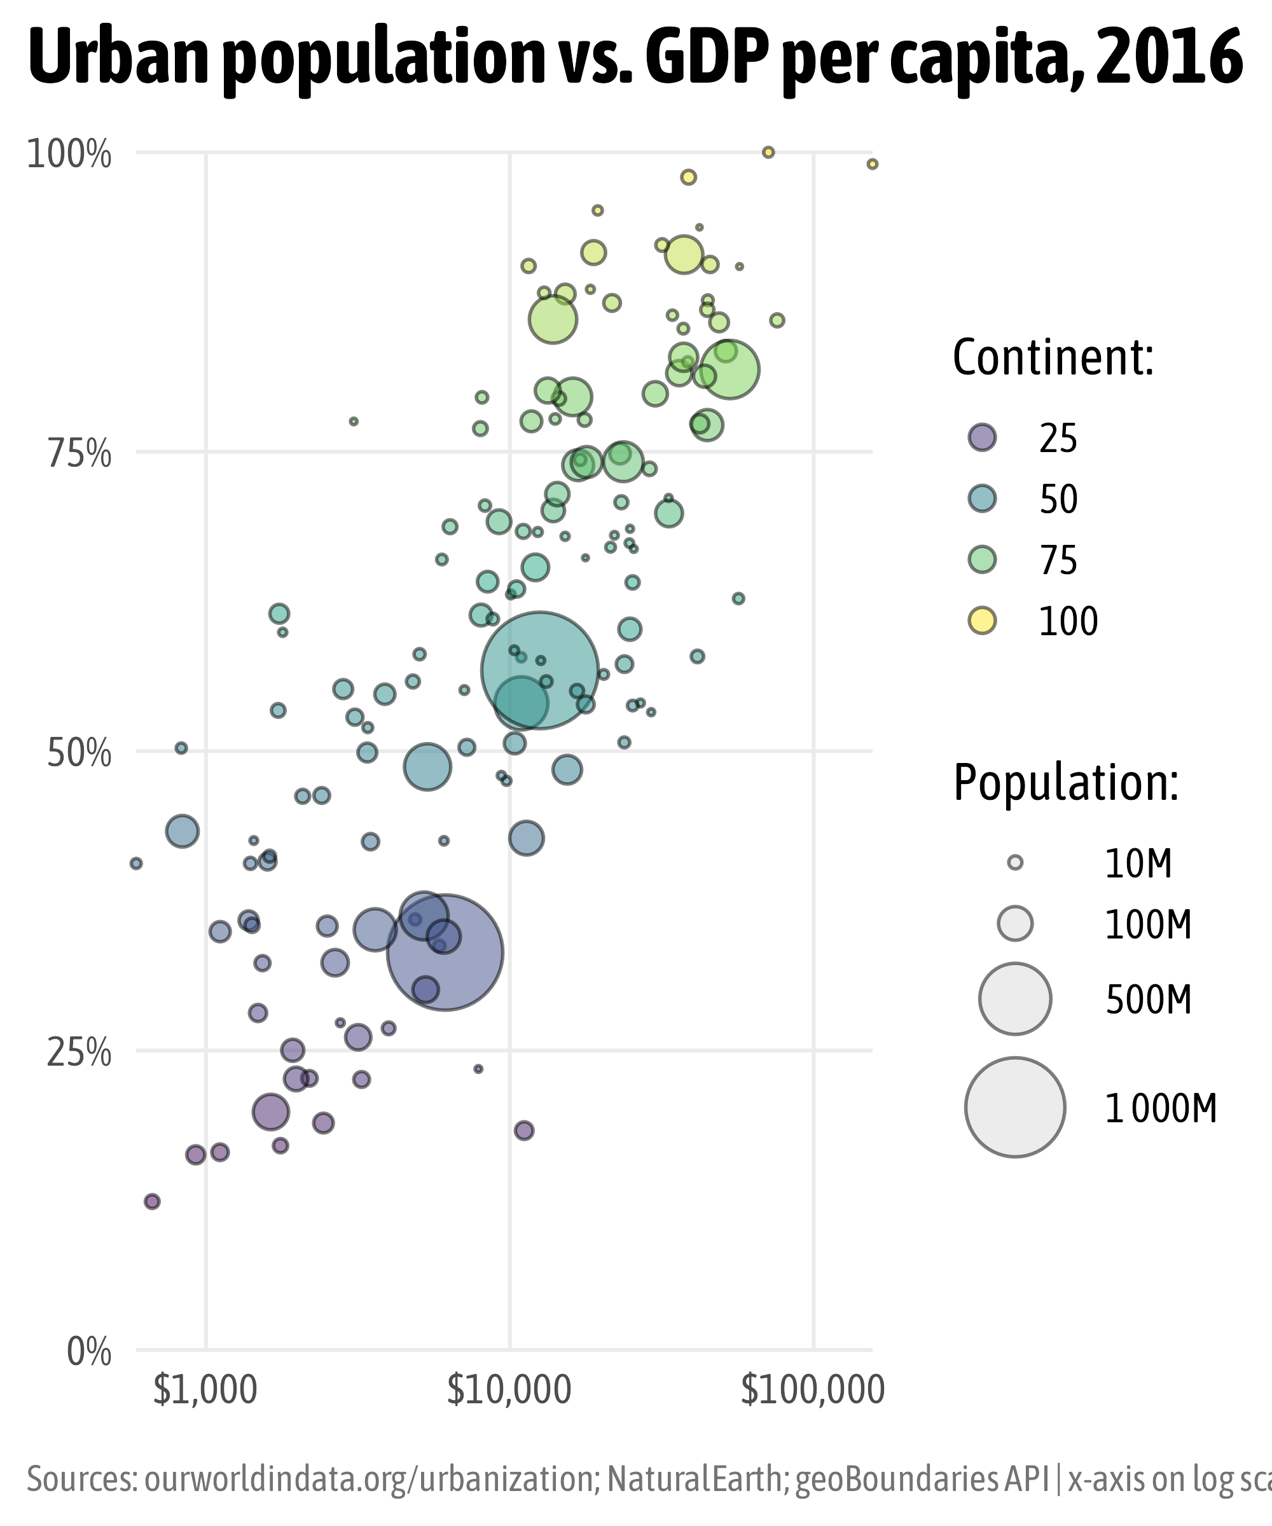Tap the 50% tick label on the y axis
tap(79, 754)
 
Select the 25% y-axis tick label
tap(79, 1054)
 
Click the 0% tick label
tap(88, 1353)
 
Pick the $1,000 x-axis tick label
tap(205, 1390)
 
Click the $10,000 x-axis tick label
tap(509, 1390)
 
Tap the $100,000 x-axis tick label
tap(812, 1390)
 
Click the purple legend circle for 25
tap(982, 437)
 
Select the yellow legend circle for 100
tap(982, 621)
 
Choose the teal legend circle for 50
tap(982, 498)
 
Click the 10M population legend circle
tap(1016, 863)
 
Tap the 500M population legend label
tap(1149, 1001)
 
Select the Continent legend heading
tap(1053, 358)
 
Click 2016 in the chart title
tap(1170, 58)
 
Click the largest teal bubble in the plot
tap(539, 670)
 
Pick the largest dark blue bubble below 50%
tap(445, 952)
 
